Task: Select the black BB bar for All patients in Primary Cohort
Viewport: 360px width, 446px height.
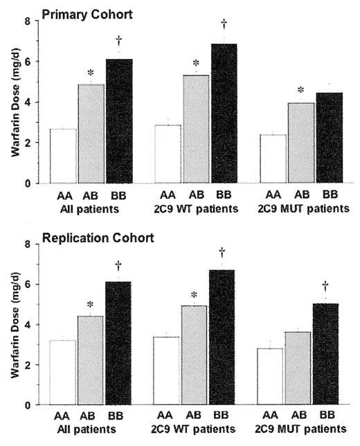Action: point(120,121)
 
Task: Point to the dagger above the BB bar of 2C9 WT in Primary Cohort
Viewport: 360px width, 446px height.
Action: point(224,24)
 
